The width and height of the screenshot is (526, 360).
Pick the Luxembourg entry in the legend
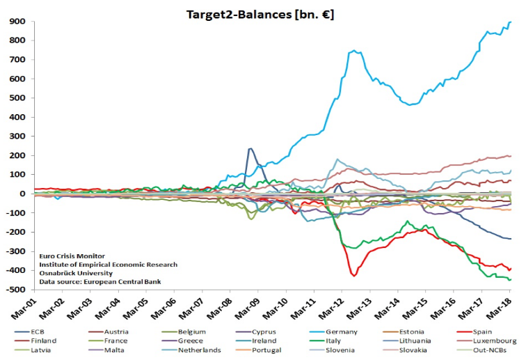[495, 341]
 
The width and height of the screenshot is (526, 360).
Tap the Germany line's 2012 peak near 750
[355, 50]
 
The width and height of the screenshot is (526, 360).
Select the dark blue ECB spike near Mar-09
[250, 148]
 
